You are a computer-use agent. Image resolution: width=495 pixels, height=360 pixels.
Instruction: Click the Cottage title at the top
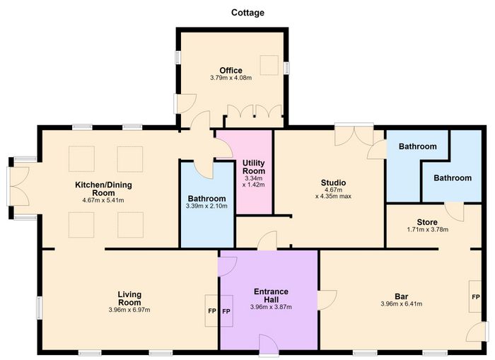tap(248, 13)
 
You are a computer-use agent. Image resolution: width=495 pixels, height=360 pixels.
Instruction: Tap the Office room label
tap(231, 70)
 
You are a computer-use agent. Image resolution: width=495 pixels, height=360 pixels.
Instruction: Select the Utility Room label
tap(254, 167)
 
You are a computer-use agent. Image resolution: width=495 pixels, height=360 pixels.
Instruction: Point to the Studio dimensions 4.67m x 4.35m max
tap(333, 193)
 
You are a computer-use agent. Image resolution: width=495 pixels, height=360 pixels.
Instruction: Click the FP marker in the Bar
tap(476, 297)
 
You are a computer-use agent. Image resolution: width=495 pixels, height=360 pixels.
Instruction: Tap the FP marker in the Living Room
tap(212, 311)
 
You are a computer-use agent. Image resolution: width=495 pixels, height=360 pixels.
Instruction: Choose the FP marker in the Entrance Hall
tap(226, 311)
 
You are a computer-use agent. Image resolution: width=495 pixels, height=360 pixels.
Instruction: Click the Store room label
tap(427, 222)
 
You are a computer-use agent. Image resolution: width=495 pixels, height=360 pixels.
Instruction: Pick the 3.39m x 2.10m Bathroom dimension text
tap(206, 207)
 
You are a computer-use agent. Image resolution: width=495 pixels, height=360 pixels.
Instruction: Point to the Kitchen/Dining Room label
tap(103, 189)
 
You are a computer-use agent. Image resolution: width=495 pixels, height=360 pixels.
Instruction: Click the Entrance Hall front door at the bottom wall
tap(269, 345)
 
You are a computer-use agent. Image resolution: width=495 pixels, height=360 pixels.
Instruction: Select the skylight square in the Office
tap(269, 65)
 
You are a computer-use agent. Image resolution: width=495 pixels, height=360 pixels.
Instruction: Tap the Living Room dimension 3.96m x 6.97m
tap(129, 310)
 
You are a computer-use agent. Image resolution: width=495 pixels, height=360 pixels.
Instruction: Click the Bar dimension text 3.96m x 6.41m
tap(401, 304)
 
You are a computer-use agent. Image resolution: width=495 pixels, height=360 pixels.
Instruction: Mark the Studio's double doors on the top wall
tap(354, 134)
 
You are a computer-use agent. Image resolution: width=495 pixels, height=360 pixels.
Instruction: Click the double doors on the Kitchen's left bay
tap(18, 186)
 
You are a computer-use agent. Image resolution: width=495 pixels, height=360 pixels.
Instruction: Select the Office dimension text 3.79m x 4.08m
tap(231, 77)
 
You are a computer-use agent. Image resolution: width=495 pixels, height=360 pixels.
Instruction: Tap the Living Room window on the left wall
tap(39, 307)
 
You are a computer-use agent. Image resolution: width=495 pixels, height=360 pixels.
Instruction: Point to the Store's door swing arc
tap(455, 211)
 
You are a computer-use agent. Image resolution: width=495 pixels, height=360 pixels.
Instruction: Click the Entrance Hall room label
tap(271, 295)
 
